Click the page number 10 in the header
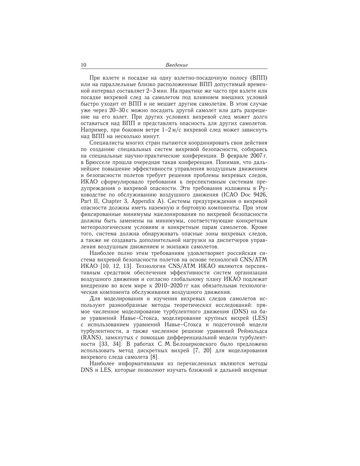[x=84, y=65]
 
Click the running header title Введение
[x=177, y=65]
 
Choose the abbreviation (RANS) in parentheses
[x=90, y=338]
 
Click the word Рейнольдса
[x=250, y=331]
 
